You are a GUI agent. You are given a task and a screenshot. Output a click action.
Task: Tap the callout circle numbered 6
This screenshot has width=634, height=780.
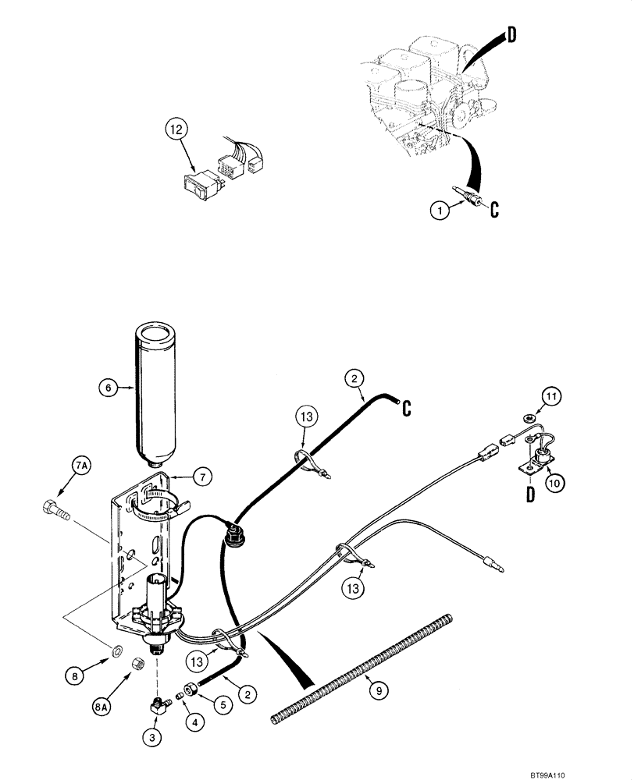tap(109, 385)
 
